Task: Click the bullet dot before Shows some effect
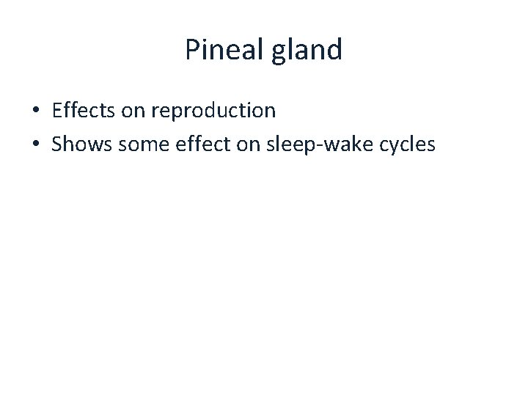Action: tap(35, 145)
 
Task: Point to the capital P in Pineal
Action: tap(192, 50)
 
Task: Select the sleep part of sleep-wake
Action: tap(298, 145)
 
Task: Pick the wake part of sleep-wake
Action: tap(351, 144)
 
